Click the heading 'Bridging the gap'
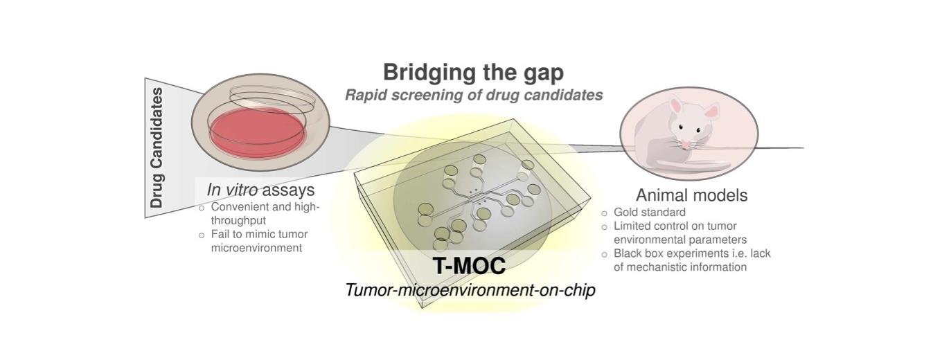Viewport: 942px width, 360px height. pos(473,72)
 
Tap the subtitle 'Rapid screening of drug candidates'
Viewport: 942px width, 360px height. pos(474,95)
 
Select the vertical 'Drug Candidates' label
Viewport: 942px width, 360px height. pos(157,147)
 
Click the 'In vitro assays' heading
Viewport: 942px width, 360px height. pos(260,190)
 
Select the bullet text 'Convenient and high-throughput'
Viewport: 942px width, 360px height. pos(265,214)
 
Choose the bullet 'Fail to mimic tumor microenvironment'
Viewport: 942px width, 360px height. pos(259,241)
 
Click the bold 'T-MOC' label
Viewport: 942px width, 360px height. pos(469,266)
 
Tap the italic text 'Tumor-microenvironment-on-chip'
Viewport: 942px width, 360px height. pos(470,290)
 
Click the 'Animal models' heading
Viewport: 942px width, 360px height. pos(691,195)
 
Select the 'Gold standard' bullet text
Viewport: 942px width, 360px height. pos(649,212)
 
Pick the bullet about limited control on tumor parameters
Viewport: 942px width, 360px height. pos(680,233)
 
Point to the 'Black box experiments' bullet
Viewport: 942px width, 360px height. pos(692,260)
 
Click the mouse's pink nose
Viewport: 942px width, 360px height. pos(685,145)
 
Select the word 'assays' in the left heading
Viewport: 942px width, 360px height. pos(288,190)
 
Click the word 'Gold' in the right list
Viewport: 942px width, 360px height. pos(624,212)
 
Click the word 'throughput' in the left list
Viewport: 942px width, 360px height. pos(238,221)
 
